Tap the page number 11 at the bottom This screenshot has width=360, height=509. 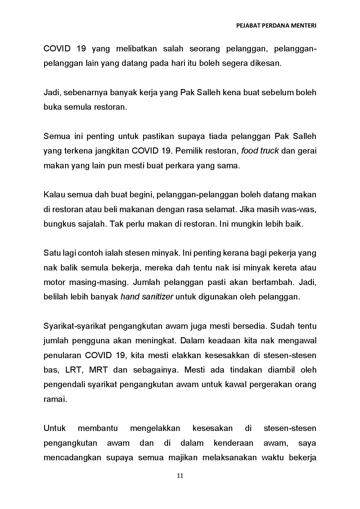180,476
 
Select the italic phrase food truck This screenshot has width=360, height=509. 260,151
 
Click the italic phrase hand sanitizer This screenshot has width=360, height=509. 147,297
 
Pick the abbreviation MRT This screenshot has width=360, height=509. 98,370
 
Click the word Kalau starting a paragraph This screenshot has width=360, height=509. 54,194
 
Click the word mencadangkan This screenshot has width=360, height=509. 72,458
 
